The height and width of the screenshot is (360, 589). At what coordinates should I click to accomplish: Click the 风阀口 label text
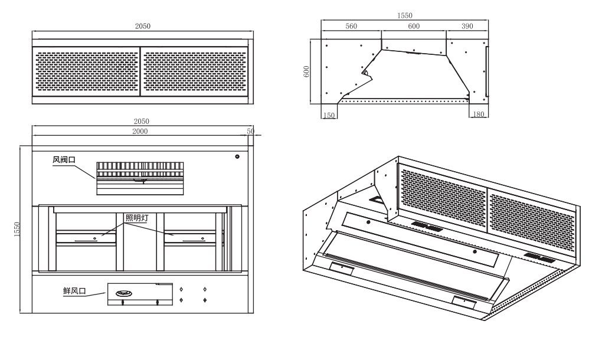(x=64, y=160)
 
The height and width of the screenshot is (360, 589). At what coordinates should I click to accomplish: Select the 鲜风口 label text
(x=74, y=290)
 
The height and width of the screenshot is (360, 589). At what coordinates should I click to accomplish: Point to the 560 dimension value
(x=351, y=26)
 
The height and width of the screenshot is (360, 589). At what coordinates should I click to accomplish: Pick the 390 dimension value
(x=467, y=26)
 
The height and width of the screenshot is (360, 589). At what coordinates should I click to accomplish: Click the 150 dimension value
(x=329, y=115)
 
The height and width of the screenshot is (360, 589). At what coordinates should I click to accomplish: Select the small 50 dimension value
(x=251, y=131)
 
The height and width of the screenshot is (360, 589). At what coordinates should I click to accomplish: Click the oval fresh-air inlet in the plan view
(x=125, y=292)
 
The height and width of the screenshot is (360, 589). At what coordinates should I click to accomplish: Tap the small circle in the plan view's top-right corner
(x=237, y=157)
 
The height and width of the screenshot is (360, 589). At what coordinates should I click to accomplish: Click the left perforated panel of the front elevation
(x=87, y=73)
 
